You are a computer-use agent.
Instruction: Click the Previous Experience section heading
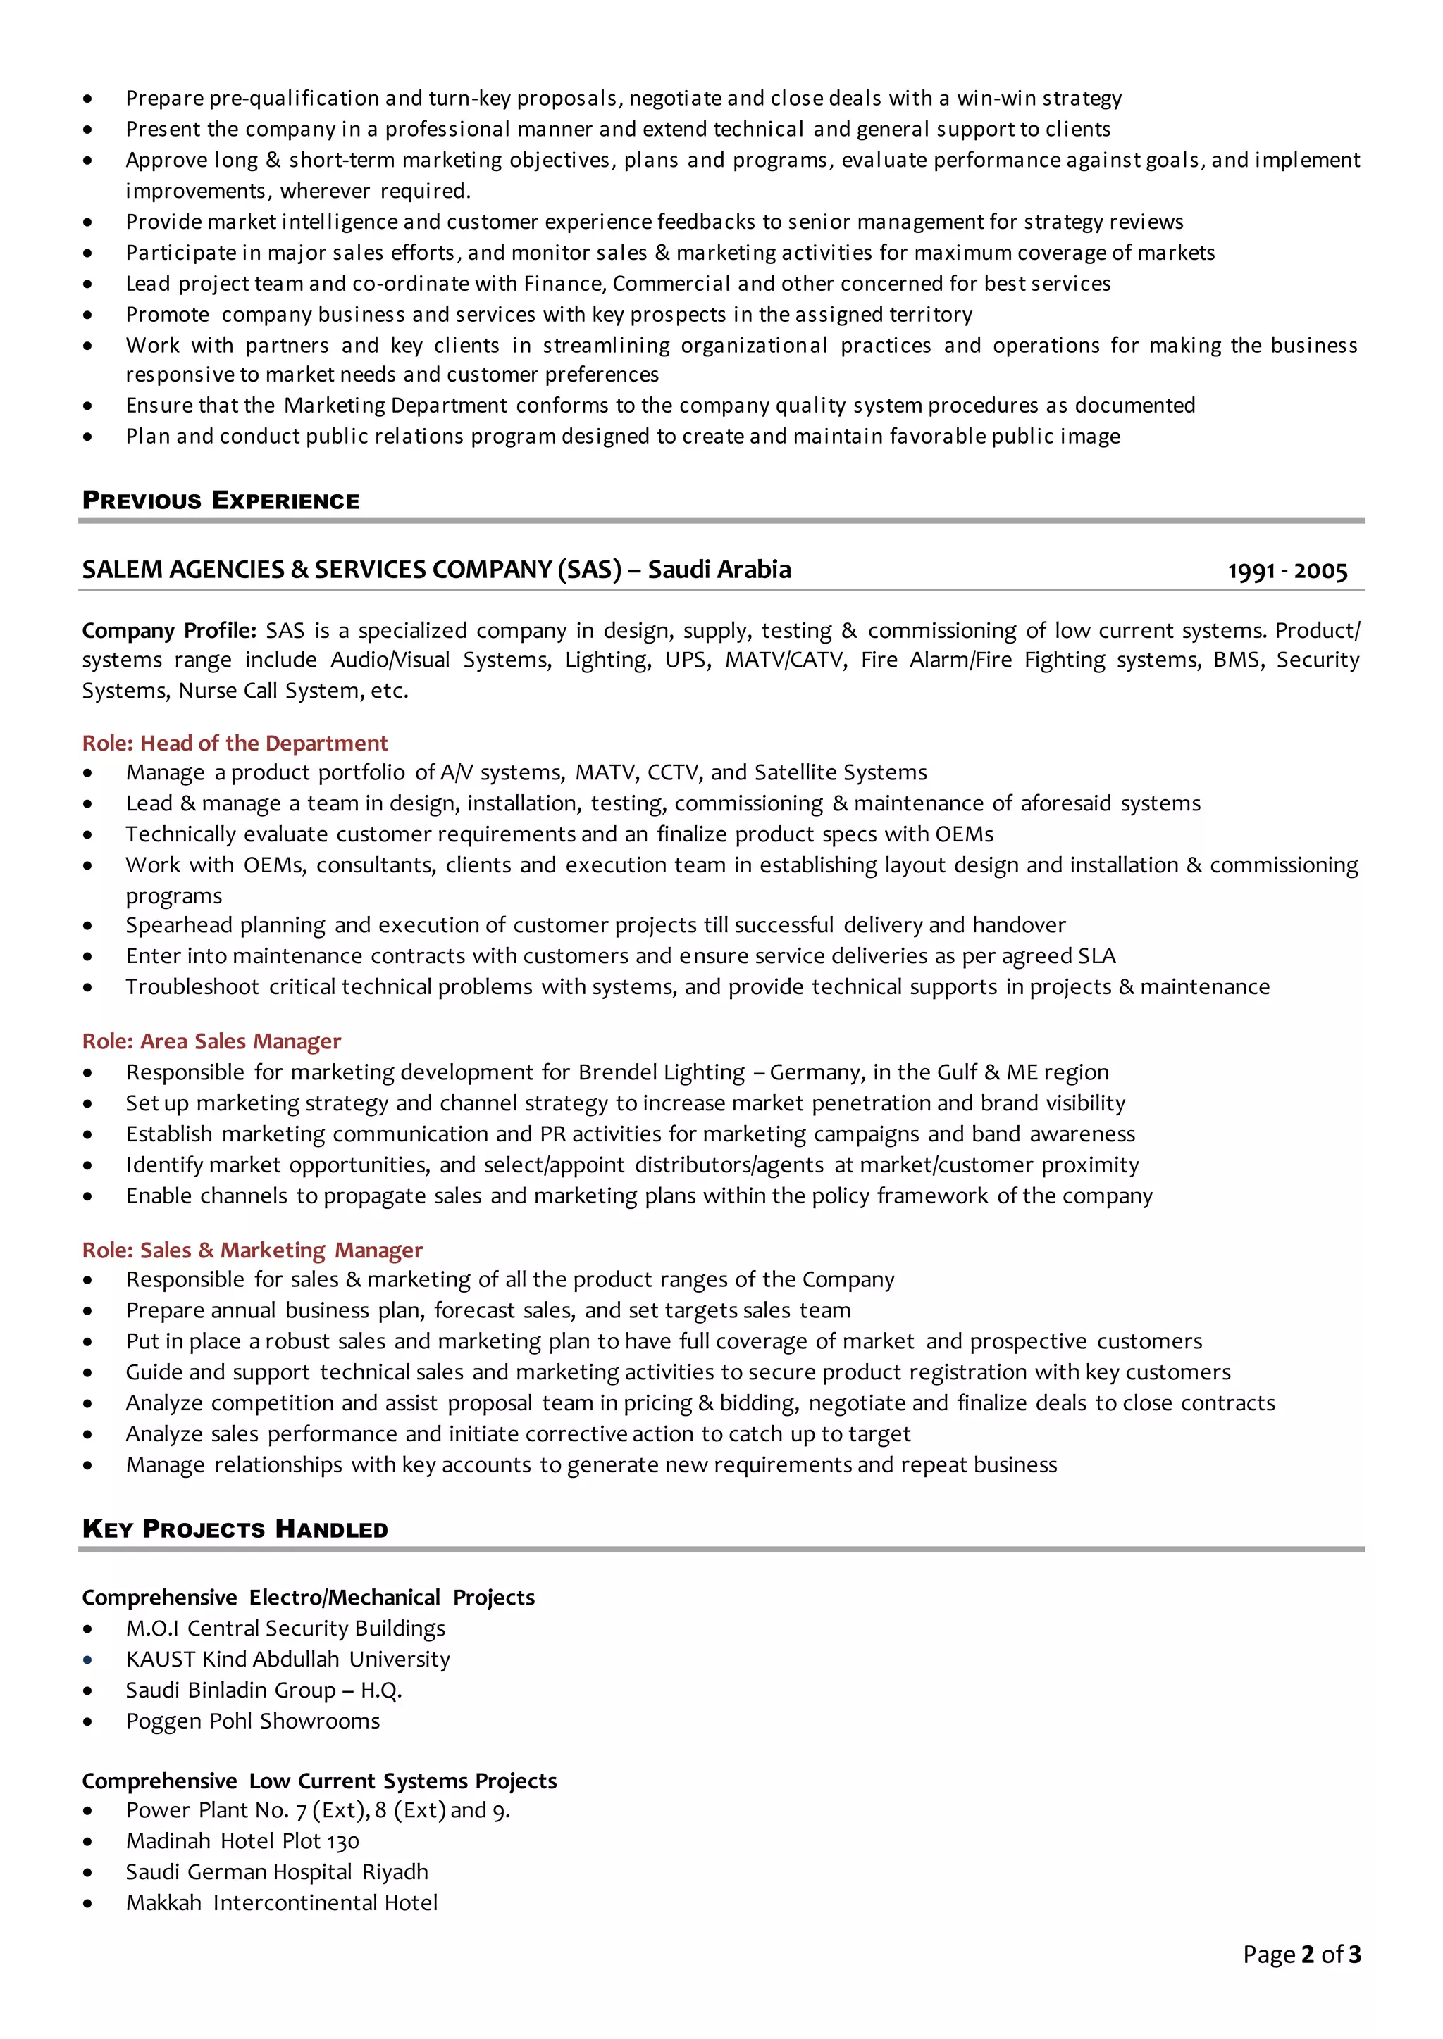[x=221, y=501]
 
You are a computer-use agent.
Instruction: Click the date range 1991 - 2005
[x=1287, y=571]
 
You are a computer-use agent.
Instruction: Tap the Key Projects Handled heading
[x=235, y=1529]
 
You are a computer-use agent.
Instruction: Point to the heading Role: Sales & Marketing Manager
[x=252, y=1250]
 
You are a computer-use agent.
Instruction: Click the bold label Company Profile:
[x=169, y=631]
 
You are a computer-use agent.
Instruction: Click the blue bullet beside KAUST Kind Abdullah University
[x=87, y=1659]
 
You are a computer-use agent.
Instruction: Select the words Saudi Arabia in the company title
[x=719, y=570]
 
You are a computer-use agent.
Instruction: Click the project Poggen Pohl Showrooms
[x=252, y=1720]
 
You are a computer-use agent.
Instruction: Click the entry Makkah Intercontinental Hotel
[x=282, y=1902]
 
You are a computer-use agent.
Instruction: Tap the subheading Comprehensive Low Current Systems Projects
[x=319, y=1781]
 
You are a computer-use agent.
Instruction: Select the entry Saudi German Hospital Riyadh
[x=276, y=1871]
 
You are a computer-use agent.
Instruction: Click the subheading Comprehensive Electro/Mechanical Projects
[x=309, y=1597]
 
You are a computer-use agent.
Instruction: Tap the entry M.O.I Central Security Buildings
[x=285, y=1628]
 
